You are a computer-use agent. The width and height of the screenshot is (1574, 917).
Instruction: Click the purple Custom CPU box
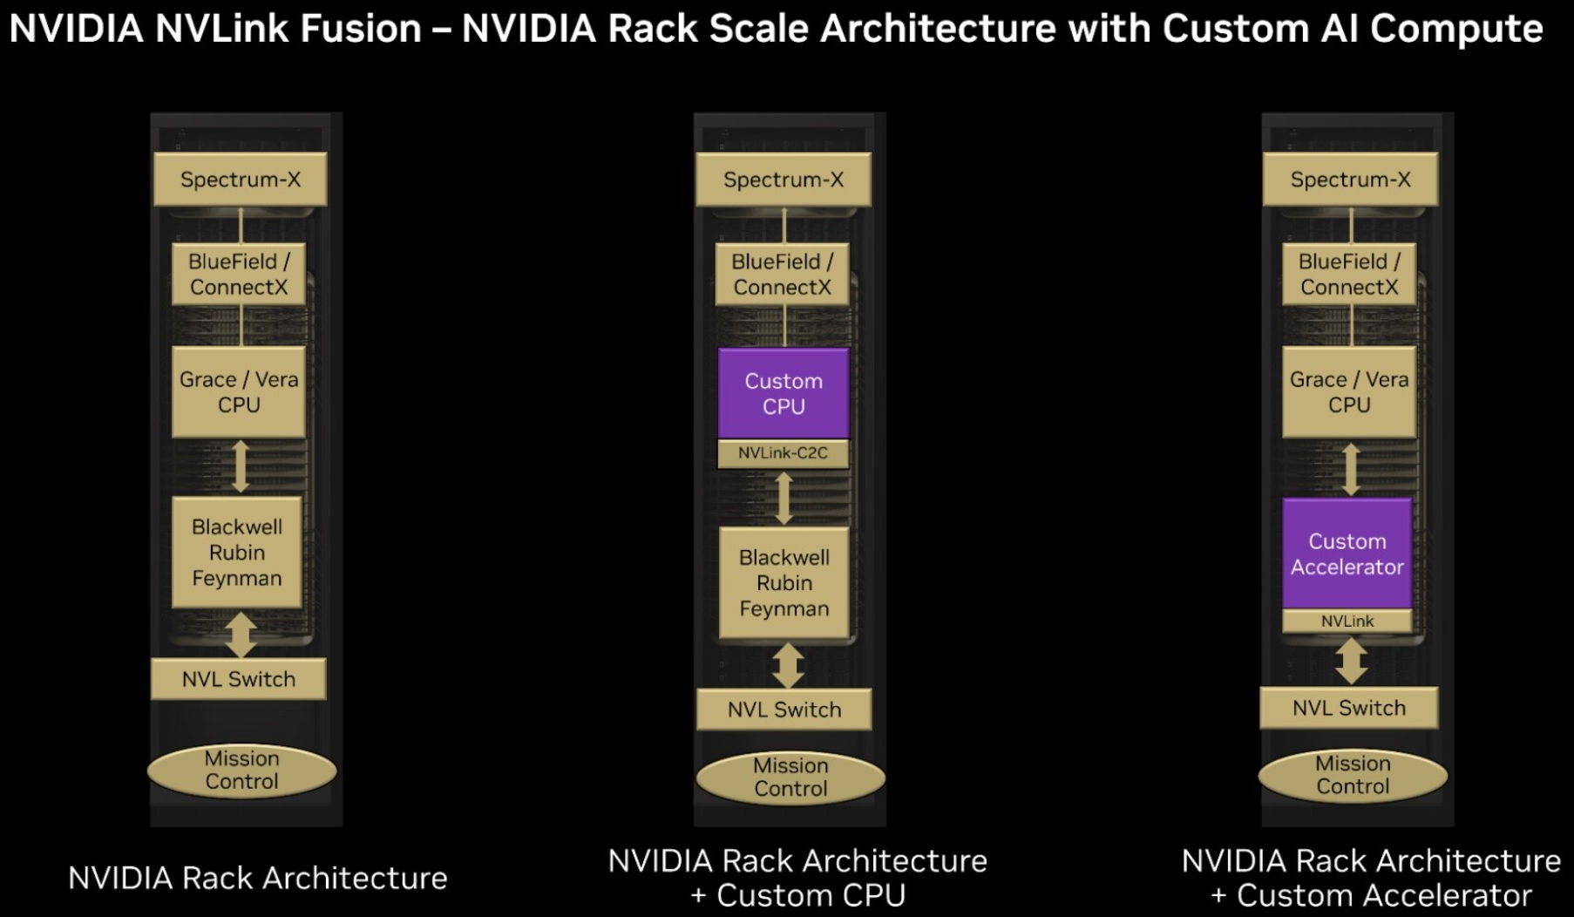[784, 393]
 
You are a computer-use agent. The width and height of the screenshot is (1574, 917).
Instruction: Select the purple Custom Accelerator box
[1347, 554]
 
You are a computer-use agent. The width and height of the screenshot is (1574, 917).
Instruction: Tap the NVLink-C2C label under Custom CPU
[784, 453]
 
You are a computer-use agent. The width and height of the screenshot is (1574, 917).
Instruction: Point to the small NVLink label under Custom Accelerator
[1347, 621]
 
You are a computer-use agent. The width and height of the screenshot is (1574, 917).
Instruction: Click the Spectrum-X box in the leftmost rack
[241, 180]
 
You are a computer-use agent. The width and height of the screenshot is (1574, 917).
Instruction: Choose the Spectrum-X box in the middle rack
[784, 180]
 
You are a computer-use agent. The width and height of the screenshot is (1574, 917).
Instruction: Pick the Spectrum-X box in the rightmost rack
[1350, 180]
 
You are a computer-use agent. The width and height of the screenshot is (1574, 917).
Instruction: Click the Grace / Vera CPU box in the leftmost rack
[239, 392]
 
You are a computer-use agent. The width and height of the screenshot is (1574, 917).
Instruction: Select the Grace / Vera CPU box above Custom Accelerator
[1349, 392]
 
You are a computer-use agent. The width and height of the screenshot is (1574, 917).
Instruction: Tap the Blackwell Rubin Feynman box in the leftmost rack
[237, 552]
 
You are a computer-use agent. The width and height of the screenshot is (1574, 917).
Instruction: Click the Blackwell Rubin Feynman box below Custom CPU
[784, 582]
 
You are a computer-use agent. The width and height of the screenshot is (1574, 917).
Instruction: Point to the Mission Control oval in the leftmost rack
[242, 770]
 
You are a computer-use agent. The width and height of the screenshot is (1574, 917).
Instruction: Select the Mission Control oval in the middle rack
[790, 777]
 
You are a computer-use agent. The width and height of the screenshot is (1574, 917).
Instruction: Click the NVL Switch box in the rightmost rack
[1349, 708]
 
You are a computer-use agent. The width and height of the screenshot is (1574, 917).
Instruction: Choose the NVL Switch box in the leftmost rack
[239, 679]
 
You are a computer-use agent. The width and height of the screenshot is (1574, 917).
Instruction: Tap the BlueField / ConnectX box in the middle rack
[783, 275]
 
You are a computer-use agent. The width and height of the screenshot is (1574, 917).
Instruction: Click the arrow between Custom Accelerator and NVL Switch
[1350, 661]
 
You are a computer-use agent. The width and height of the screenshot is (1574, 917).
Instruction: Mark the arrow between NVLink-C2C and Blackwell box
[784, 498]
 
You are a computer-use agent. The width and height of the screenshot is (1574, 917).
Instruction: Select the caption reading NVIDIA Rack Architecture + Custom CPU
[797, 878]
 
